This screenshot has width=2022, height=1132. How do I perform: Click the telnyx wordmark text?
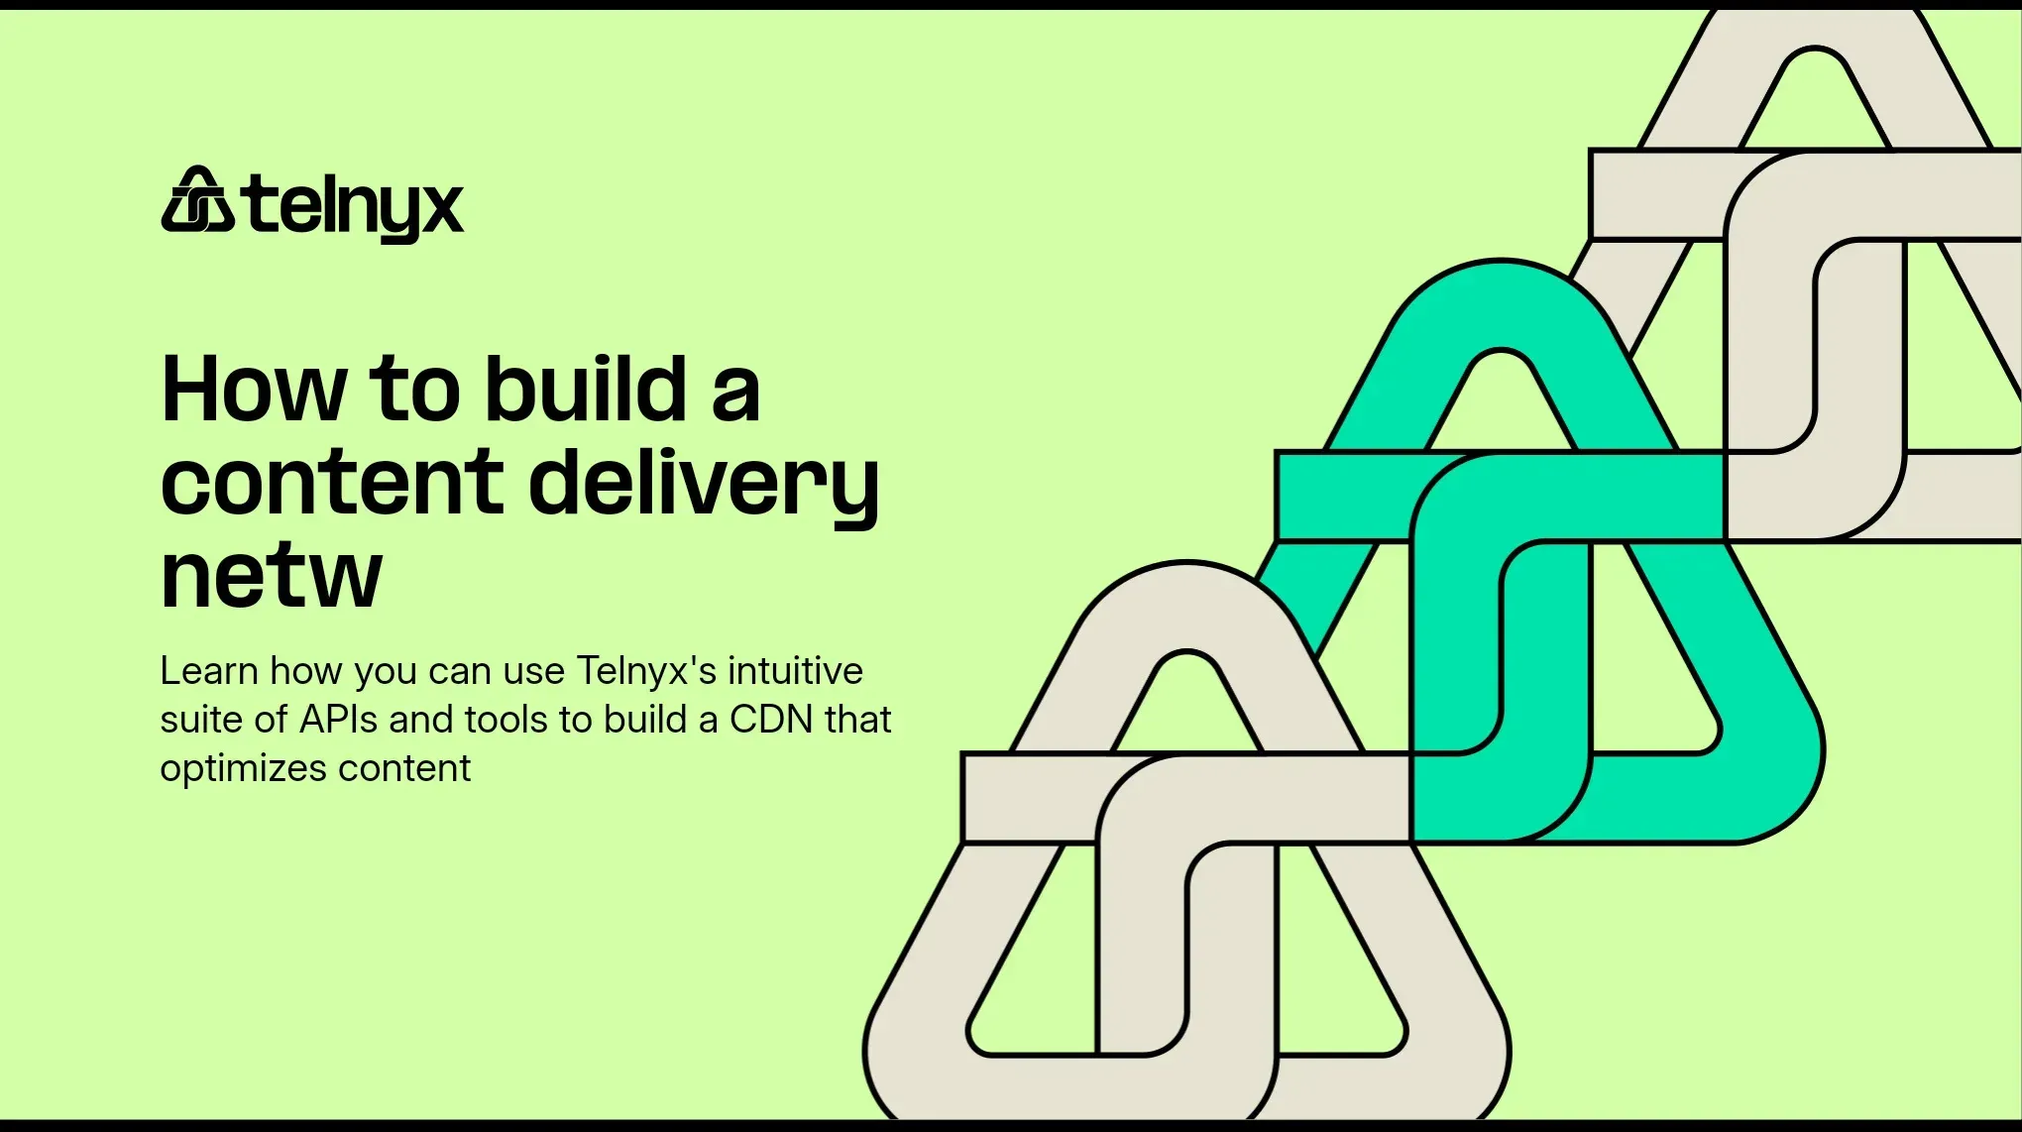point(355,207)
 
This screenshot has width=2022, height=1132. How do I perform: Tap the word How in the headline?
point(254,389)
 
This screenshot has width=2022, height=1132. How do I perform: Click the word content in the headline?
point(332,482)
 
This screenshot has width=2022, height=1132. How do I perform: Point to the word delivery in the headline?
point(704,484)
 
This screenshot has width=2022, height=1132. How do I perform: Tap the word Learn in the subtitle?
point(209,671)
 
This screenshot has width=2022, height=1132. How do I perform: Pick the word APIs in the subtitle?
point(338,720)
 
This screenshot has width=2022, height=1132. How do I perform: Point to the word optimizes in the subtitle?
point(243,768)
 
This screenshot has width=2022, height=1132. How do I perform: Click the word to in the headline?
point(414,389)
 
